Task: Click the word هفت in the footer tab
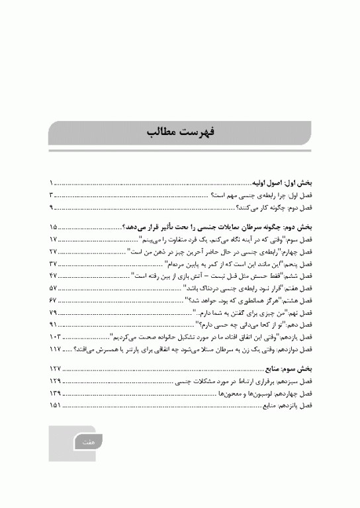click(x=83, y=441)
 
